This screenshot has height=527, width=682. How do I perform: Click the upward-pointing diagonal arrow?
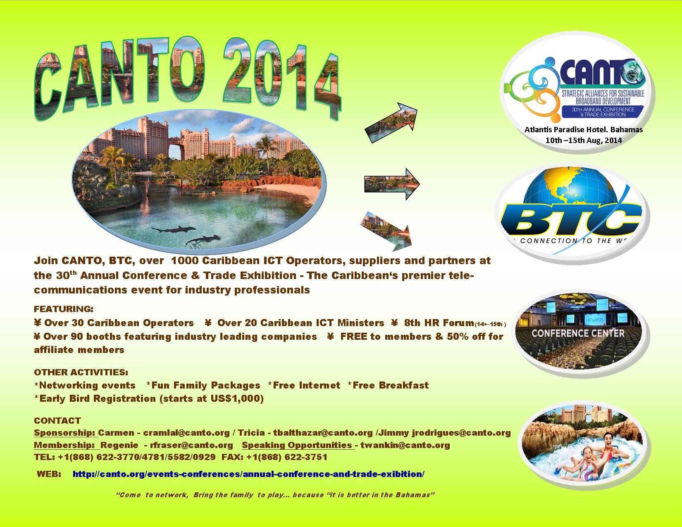click(x=391, y=123)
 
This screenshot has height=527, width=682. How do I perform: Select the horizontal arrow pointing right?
click(x=392, y=184)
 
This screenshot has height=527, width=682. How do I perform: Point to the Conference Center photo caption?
click(x=578, y=333)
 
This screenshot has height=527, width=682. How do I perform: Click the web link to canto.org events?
click(x=248, y=474)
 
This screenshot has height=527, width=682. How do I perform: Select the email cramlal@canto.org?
click(x=186, y=432)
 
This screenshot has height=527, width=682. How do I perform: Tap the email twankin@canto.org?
click(x=405, y=445)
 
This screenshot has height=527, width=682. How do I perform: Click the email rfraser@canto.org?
click(x=191, y=445)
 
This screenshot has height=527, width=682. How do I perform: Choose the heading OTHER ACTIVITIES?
click(x=81, y=372)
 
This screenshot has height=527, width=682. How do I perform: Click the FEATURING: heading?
click(x=64, y=309)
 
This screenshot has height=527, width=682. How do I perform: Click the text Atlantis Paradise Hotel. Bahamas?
click(x=584, y=130)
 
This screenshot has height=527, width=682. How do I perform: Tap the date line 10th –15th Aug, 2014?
click(x=584, y=140)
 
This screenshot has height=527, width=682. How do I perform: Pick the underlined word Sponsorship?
click(x=64, y=433)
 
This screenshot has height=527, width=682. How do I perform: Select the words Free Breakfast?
click(x=391, y=385)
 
